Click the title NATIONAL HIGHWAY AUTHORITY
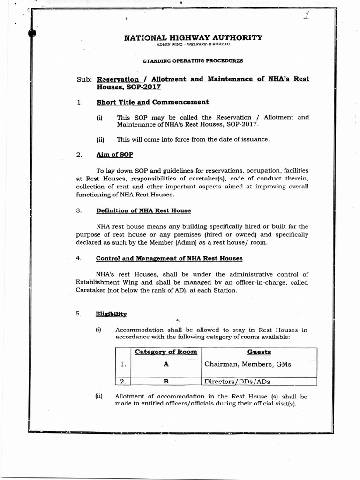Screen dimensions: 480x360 tap(193, 37)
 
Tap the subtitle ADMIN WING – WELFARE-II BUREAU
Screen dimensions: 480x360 tap(193, 45)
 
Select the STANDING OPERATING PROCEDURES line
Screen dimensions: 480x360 tap(193, 61)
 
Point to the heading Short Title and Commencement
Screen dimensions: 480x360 tap(153, 102)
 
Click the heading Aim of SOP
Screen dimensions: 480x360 tap(115, 154)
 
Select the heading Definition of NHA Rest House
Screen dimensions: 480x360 tap(143, 210)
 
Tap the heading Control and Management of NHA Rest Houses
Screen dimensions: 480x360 tap(169, 258)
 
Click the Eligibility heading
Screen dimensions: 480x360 tap(112, 314)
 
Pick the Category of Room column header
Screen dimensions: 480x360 tap(166, 352)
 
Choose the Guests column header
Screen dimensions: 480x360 tap(259, 352)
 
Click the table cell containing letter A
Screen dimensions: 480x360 tap(166, 364)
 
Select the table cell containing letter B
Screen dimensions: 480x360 tap(166, 381)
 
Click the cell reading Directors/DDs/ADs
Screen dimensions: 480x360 tap(237, 381)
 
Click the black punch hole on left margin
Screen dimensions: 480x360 tap(32, 32)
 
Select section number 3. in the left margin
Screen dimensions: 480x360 tap(79, 210)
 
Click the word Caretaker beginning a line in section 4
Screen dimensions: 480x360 tap(91, 290)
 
